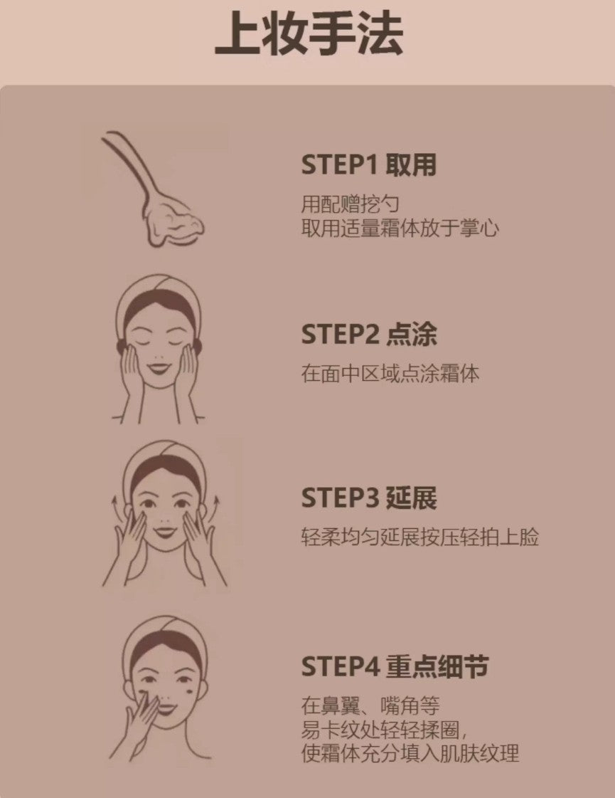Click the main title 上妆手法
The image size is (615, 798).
[309, 34]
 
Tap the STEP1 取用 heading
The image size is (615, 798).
[368, 165]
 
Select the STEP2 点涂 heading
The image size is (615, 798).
[368, 334]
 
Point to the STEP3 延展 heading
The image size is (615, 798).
[368, 498]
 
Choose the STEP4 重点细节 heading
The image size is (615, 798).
[395, 667]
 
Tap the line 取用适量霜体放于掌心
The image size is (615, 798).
[400, 229]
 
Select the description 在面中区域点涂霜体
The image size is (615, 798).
[390, 373]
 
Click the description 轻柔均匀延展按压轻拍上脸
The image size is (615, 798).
[419, 537]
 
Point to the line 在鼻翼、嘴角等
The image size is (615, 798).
[370, 706]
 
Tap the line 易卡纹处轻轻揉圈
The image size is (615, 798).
[385, 730]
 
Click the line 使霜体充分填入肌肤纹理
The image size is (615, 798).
[410, 753]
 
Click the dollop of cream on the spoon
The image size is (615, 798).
[173, 220]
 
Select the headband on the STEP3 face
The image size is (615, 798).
[164, 459]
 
